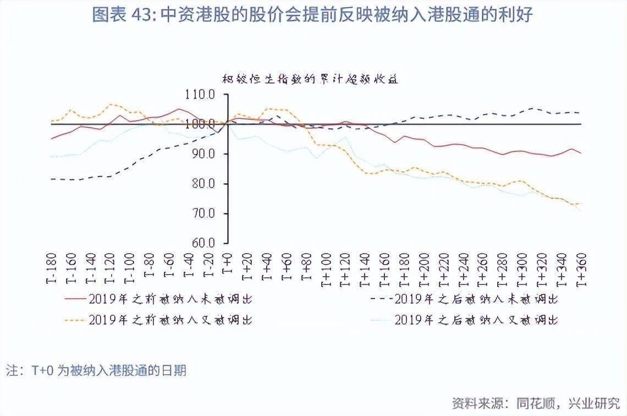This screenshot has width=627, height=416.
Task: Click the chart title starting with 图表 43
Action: (312, 15)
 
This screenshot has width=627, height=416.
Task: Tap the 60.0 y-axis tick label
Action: (204, 243)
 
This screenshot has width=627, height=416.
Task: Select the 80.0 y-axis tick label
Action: (204, 184)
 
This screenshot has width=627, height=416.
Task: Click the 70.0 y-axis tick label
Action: (204, 214)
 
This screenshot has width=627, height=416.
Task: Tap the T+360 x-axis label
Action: (580, 267)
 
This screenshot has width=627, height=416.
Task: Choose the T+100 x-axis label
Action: (325, 267)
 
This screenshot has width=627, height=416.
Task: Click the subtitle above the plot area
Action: (310, 79)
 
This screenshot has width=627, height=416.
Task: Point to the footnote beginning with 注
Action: (96, 370)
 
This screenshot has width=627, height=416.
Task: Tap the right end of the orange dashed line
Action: (581, 204)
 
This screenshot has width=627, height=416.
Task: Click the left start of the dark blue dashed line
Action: (51, 179)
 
